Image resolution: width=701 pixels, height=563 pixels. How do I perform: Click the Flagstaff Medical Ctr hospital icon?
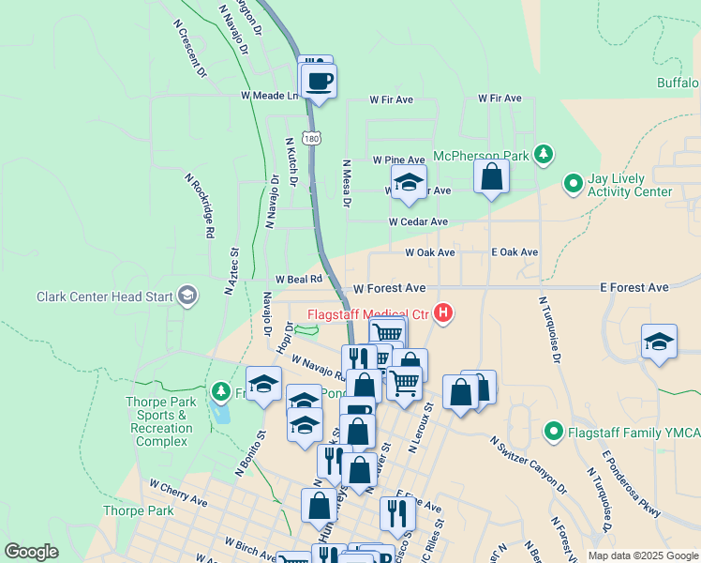click(443, 313)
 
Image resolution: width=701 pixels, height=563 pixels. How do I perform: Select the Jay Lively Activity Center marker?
click(573, 184)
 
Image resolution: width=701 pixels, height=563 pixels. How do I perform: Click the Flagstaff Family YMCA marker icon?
click(554, 433)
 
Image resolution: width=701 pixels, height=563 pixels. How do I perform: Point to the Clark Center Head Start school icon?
click(187, 297)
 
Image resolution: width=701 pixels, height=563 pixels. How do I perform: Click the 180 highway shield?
click(311, 137)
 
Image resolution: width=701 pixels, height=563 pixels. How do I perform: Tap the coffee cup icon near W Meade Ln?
click(320, 81)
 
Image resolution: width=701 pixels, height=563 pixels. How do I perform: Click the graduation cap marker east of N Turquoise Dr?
click(659, 342)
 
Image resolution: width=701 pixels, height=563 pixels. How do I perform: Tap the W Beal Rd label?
click(299, 279)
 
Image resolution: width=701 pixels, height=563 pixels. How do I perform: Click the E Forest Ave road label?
click(635, 287)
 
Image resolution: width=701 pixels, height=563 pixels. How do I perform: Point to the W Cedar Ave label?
click(418, 222)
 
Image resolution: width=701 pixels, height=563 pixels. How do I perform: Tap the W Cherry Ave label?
click(178, 494)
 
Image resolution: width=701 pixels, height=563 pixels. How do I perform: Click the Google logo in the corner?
click(31, 552)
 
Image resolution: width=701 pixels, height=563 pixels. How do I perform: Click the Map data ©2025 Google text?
click(643, 555)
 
